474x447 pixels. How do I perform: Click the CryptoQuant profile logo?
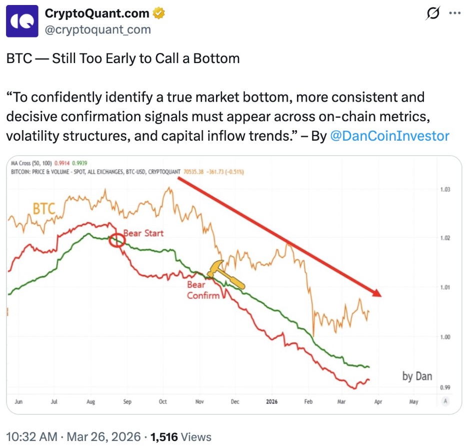tap(22, 21)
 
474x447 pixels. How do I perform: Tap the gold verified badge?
tap(159, 14)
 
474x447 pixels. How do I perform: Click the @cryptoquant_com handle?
tap(98, 30)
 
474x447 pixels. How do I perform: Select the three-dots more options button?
tap(454, 14)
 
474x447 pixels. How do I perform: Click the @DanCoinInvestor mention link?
tap(389, 136)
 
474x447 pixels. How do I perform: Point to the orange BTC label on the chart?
tap(43, 209)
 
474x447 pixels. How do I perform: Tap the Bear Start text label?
tap(143, 233)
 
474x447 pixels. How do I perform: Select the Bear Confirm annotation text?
tap(203, 290)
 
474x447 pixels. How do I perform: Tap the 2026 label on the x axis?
tap(271, 401)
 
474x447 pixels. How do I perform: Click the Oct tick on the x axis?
tap(162, 401)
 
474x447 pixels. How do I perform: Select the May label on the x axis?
tap(413, 401)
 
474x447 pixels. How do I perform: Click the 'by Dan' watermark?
tap(417, 376)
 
